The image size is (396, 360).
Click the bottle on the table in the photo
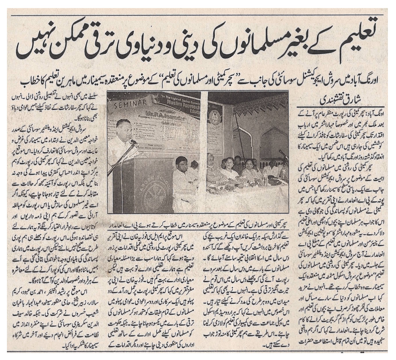point(265,173)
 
